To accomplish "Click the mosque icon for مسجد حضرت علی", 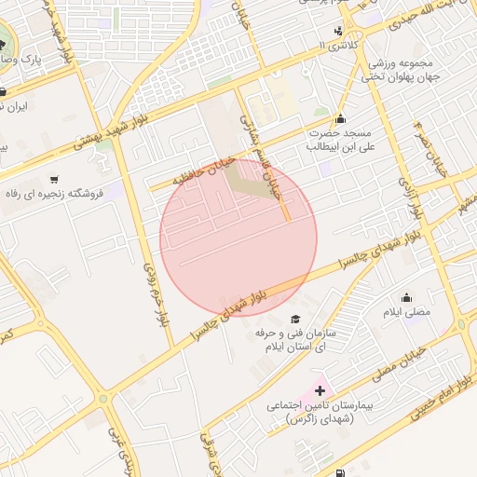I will [x=341, y=118].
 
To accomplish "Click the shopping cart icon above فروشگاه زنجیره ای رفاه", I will [x=56, y=179].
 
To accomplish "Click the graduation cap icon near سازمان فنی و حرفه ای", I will [x=296, y=319].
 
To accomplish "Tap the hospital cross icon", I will [x=320, y=390].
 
